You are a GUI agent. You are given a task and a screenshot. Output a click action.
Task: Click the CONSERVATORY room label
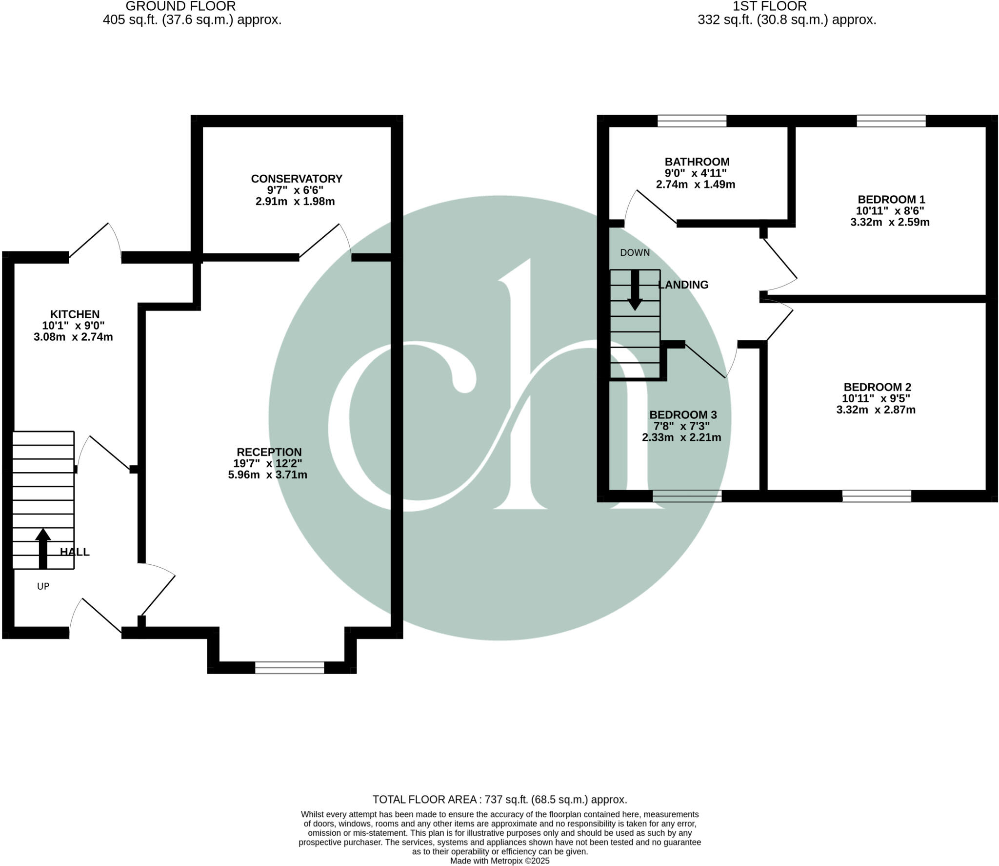[297, 179]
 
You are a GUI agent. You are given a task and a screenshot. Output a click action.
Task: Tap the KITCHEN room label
[75, 314]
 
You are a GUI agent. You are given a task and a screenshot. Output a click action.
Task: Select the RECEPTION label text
[269, 452]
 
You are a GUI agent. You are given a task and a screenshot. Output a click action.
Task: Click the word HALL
[75, 552]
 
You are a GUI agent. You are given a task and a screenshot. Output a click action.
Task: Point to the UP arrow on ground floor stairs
[43, 549]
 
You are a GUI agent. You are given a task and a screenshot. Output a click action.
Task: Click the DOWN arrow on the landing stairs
[635, 290]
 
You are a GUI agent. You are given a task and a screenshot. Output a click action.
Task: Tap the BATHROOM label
[697, 162]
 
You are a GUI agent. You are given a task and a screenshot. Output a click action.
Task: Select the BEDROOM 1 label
[891, 200]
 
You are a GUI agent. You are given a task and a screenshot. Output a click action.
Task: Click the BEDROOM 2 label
[877, 387]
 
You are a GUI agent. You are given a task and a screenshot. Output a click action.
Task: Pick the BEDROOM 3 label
[683, 415]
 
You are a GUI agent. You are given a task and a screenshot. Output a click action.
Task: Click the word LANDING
[683, 285]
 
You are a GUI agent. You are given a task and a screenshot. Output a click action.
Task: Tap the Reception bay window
[290, 668]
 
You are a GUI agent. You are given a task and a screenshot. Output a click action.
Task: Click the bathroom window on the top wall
[692, 121]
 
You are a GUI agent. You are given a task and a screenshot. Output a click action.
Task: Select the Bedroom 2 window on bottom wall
[877, 496]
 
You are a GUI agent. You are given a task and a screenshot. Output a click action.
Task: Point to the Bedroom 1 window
[891, 121]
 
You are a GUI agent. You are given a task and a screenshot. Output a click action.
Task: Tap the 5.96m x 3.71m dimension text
[268, 474]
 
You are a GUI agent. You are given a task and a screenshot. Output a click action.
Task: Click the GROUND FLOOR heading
[180, 6]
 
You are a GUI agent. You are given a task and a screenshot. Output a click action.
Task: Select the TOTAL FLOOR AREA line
[499, 800]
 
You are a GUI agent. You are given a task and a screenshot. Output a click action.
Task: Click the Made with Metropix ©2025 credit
[499, 861]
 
